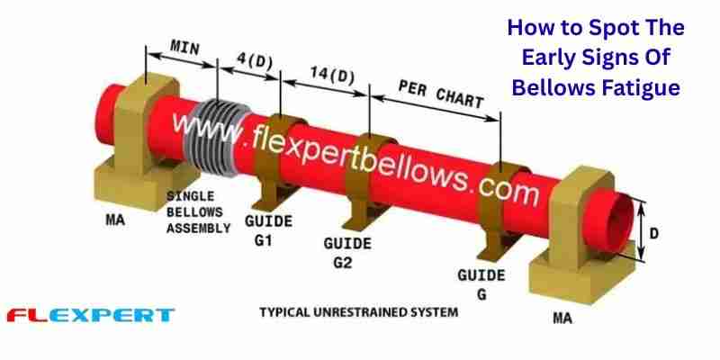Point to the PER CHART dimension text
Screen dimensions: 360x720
(x=441, y=94)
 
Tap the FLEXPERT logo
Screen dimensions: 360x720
(x=90, y=315)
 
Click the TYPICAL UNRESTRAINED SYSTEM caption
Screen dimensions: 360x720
(x=358, y=312)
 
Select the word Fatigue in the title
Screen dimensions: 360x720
(x=637, y=88)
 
